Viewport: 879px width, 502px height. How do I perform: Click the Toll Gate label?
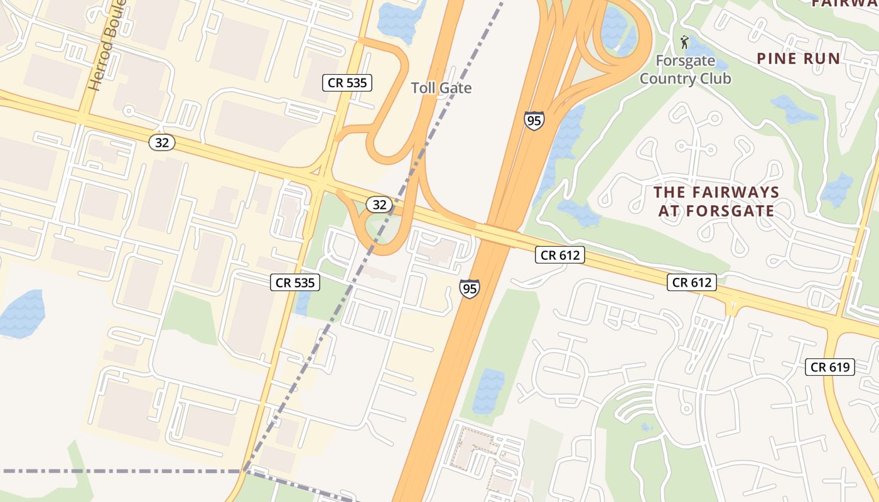(x=441, y=88)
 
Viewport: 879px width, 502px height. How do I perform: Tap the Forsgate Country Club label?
(x=685, y=70)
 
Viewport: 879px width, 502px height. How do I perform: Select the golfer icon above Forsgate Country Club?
(x=684, y=43)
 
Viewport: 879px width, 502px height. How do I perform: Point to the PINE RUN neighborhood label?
(x=798, y=59)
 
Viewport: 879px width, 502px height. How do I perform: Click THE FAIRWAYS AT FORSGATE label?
(x=716, y=201)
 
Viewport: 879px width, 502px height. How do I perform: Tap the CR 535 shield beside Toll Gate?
(x=347, y=82)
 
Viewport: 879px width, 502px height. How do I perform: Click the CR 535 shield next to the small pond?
(x=295, y=282)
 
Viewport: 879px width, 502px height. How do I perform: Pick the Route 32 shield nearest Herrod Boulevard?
(x=161, y=142)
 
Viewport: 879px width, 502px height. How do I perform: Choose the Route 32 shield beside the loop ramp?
(x=379, y=204)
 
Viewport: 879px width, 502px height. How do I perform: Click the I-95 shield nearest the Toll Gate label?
(x=534, y=120)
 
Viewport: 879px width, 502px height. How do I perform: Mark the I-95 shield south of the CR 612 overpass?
(x=469, y=289)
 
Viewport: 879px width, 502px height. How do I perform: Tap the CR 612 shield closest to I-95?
(x=560, y=255)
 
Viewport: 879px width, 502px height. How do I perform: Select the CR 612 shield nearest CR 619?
(x=691, y=282)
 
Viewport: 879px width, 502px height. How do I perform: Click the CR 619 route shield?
(x=830, y=367)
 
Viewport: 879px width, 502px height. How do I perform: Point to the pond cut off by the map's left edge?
(x=21, y=314)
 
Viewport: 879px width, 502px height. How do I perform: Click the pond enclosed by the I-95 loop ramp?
(x=613, y=28)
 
